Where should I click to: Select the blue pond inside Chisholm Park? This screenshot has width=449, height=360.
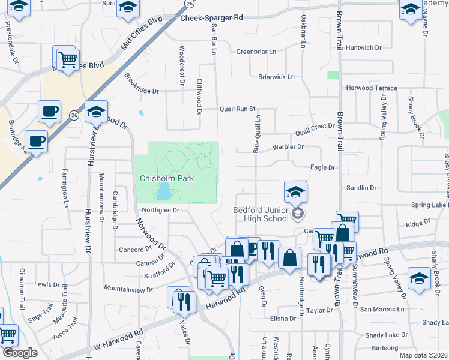click(x=163, y=192)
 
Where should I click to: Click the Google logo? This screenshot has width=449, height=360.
click(x=20, y=353)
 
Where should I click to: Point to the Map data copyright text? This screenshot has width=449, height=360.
click(x=424, y=355)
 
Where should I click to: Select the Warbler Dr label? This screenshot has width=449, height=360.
click(x=288, y=146)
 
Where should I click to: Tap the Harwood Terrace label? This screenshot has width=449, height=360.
click(x=372, y=88)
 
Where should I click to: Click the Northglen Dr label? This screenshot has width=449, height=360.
click(x=161, y=210)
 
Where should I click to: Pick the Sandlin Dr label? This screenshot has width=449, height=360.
click(x=361, y=188)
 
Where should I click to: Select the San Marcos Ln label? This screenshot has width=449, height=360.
click(x=382, y=309)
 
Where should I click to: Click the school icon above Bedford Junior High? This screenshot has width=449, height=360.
click(x=295, y=192)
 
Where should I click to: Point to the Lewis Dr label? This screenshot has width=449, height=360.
click(x=47, y=284)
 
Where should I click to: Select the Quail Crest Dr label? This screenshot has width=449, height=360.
click(x=314, y=127)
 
